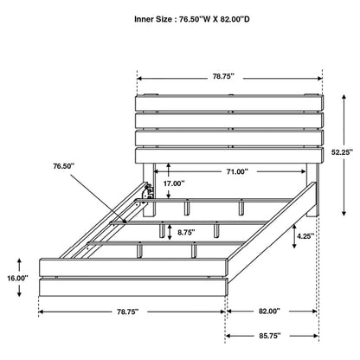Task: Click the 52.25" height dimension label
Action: pos(343,152)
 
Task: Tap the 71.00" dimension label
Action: pos(237,171)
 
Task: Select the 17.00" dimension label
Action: pos(174,183)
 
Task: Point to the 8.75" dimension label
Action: pos(186,232)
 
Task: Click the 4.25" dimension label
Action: pos(305,236)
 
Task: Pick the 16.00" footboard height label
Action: pos(17,278)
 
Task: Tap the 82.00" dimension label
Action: pos(269,311)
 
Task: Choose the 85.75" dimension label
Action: pos(269,336)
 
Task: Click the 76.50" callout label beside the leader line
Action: pos(63,166)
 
